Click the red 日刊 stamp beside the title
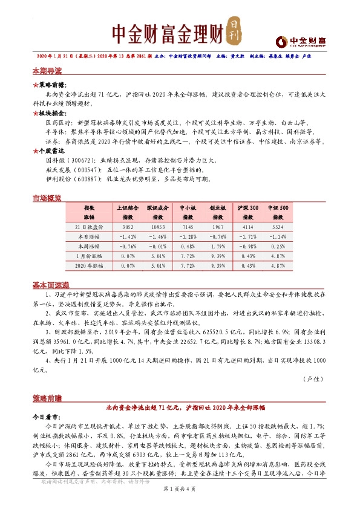click(x=235, y=32)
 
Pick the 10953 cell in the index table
click(x=157, y=227)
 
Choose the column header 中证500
click(x=278, y=207)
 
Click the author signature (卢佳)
click(x=314, y=378)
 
